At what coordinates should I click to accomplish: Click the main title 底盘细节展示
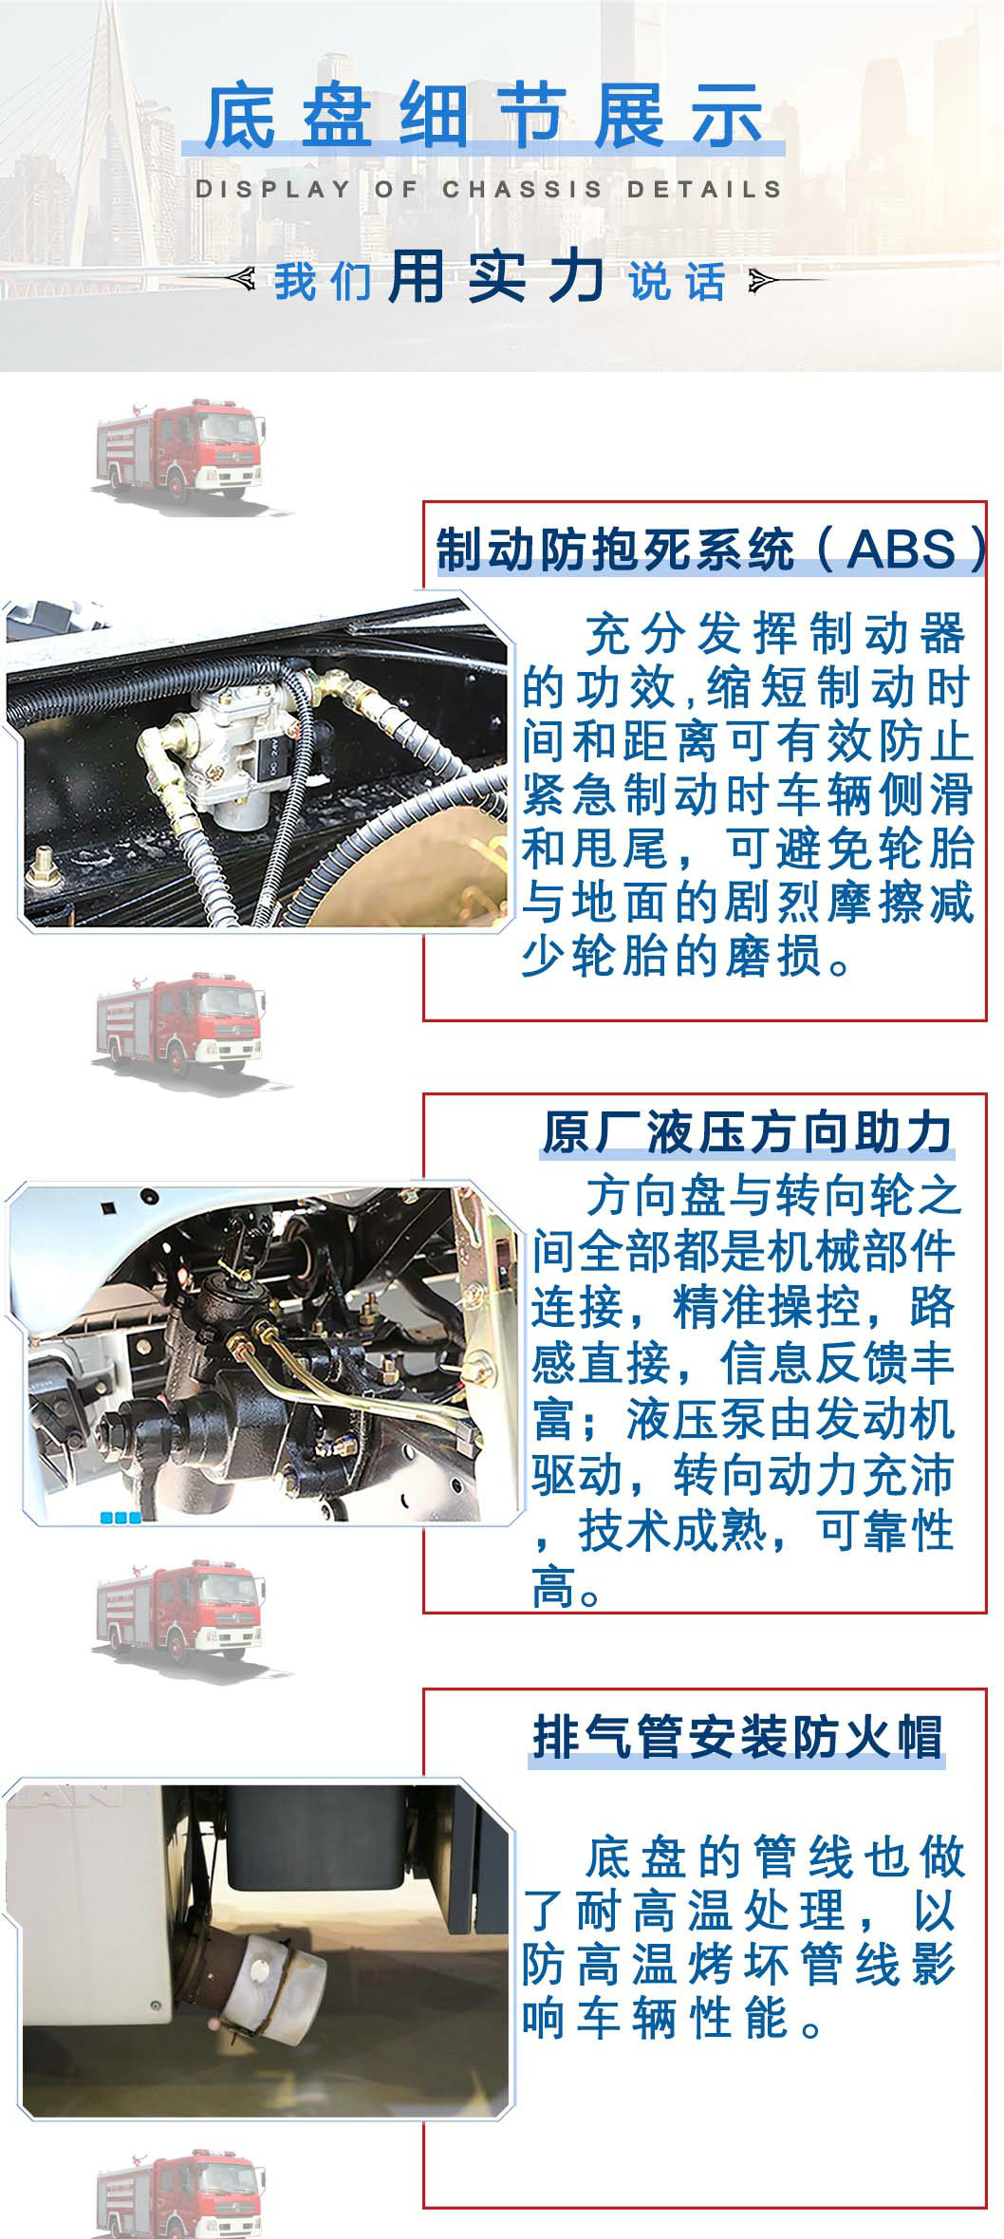[483, 117]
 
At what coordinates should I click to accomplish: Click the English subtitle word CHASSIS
[522, 189]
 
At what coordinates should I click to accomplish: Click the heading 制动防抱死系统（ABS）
[713, 550]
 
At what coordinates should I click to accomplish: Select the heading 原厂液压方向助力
[747, 1132]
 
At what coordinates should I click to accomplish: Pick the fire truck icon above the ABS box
[179, 451]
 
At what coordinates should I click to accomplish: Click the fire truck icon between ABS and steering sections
[179, 1024]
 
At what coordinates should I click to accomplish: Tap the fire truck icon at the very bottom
[179, 2196]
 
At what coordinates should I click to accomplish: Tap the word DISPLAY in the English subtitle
[273, 189]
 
